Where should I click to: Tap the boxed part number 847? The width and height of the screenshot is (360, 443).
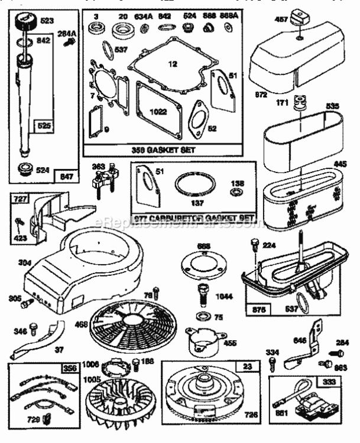pyautogui.click(x=66, y=175)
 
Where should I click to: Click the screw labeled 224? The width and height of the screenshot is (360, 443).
pyautogui.click(x=255, y=243)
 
